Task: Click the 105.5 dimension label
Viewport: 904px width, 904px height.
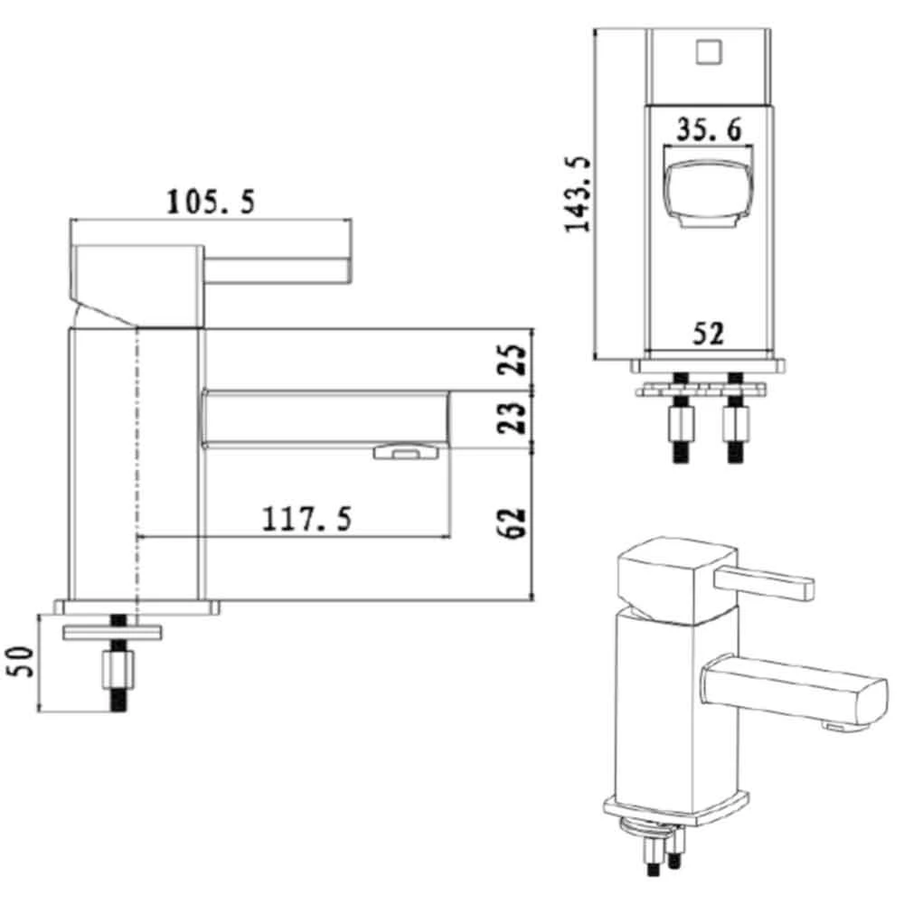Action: pyautogui.click(x=210, y=202)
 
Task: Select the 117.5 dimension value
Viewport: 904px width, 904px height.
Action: pyautogui.click(x=306, y=519)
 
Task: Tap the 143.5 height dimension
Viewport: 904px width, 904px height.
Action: pyautogui.click(x=578, y=193)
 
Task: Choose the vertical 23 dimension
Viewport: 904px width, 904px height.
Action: pyautogui.click(x=513, y=417)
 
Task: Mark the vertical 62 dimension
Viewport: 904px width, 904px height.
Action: pyautogui.click(x=513, y=522)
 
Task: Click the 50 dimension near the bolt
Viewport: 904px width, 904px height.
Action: pyautogui.click(x=23, y=664)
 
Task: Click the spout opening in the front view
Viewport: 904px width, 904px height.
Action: pyautogui.click(x=707, y=191)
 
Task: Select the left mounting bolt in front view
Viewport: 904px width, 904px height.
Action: pyautogui.click(x=680, y=422)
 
